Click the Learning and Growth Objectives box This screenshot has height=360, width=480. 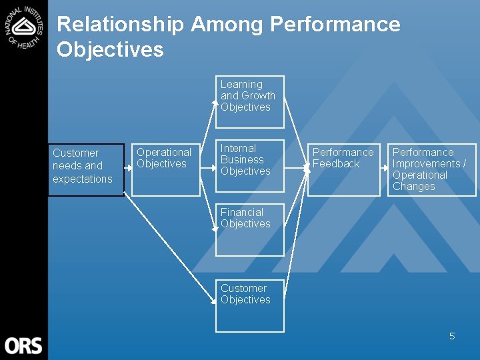click(249, 101)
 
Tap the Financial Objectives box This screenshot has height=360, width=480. click(249, 229)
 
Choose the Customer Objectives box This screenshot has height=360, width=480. click(249, 305)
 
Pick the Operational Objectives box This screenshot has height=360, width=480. click(165, 170)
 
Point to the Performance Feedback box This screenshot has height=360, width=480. click(343, 170)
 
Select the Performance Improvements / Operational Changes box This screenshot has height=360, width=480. click(432, 170)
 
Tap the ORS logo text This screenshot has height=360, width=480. click(23, 345)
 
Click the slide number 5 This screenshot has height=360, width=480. click(452, 336)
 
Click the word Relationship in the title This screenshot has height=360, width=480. click(120, 25)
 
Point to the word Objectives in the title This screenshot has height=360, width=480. click(110, 49)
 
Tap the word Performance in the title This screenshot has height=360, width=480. click(335, 25)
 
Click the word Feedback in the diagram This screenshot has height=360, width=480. click(336, 164)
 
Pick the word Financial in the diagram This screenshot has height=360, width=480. click(242, 213)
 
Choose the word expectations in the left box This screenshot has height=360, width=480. click(83, 179)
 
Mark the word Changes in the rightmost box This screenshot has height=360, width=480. click(413, 187)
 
